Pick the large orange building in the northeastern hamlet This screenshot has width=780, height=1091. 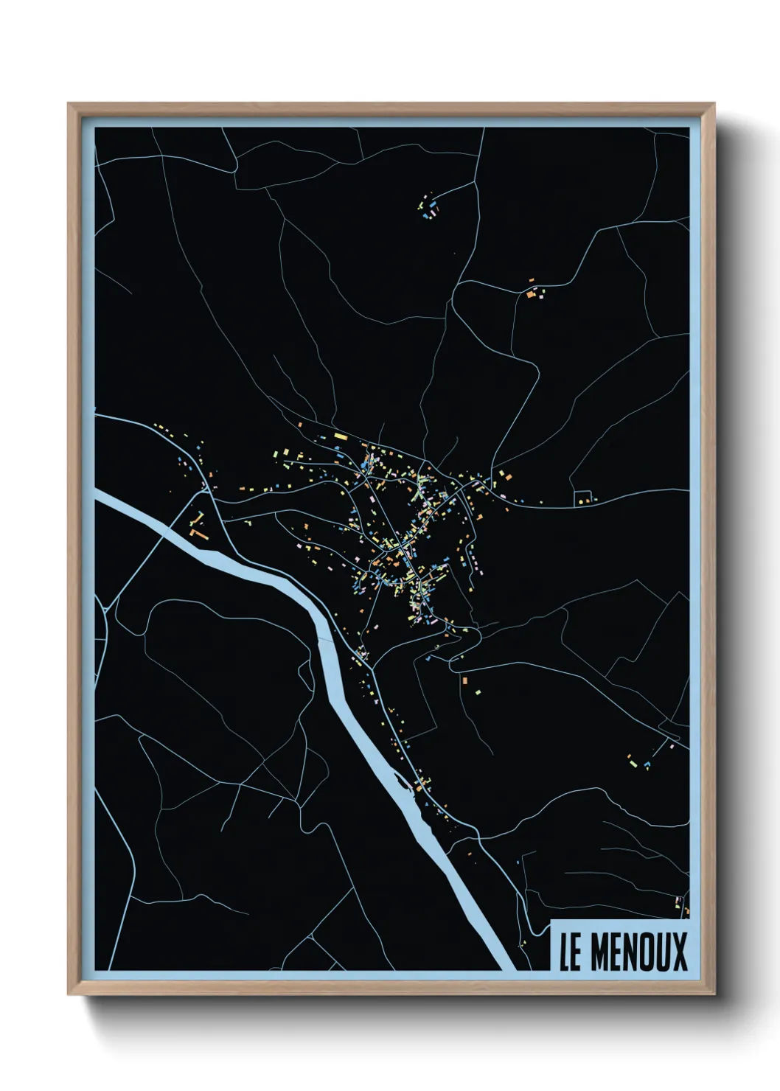pyautogui.click(x=530, y=294)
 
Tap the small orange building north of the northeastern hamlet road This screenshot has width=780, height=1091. pyautogui.click(x=530, y=280)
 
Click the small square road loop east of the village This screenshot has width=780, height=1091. pyautogui.click(x=583, y=498)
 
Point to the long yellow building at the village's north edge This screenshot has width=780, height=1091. pyautogui.click(x=340, y=437)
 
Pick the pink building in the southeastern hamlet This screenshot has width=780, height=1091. pyautogui.click(x=672, y=746)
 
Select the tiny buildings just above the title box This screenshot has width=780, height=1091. pyautogui.click(x=679, y=902)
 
